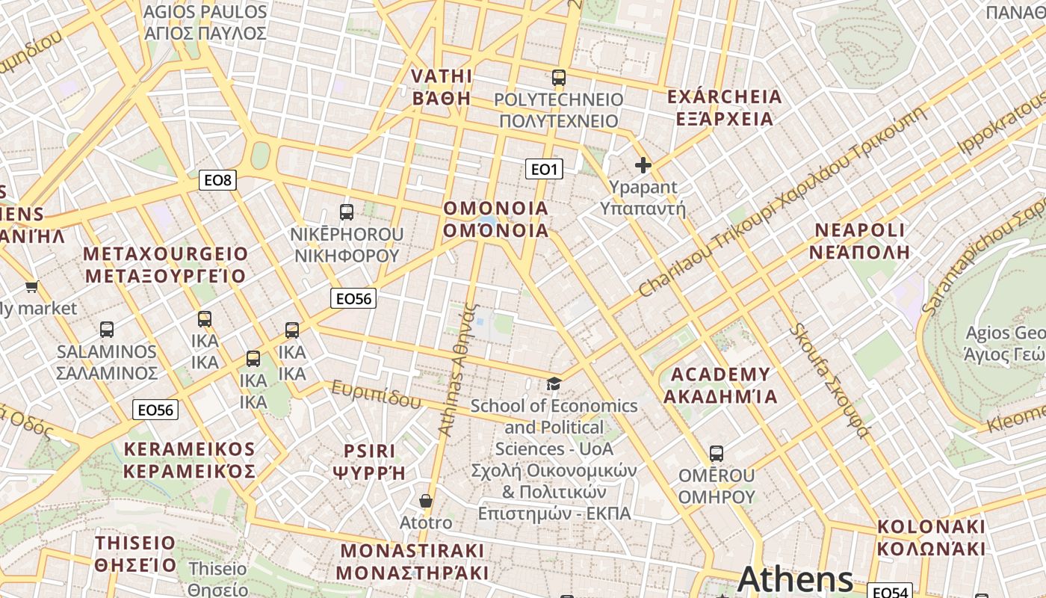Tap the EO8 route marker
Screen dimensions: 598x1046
218,180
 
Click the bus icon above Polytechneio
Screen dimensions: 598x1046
558,78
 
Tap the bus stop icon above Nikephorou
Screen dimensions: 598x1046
346,212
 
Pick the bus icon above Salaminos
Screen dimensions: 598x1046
107,330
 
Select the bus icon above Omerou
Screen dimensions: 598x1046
716,454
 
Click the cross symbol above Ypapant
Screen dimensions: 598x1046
643,165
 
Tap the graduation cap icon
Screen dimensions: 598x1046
553,384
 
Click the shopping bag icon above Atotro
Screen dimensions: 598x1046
425,501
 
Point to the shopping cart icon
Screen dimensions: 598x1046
31,286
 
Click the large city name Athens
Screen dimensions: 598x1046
795,579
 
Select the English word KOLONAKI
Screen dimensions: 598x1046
930,526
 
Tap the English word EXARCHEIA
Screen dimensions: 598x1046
723,97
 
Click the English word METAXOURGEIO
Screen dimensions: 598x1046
165,254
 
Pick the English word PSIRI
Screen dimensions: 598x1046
369,451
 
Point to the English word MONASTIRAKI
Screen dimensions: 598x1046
412,551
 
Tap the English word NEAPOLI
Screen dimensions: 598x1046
859,230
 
